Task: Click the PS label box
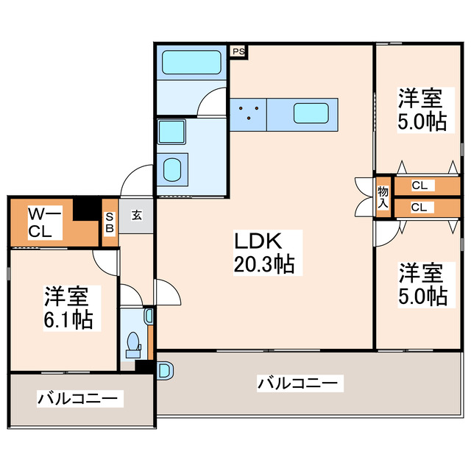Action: (239, 52)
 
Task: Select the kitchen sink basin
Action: (311, 113)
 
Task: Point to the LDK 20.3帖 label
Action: (264, 252)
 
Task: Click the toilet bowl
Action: (133, 343)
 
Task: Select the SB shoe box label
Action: (110, 222)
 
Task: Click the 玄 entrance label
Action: (137, 216)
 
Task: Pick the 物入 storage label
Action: (383, 197)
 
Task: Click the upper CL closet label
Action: (418, 185)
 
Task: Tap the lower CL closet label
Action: (418, 208)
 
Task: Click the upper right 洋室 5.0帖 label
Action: (422, 109)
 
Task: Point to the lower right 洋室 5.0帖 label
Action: (422, 285)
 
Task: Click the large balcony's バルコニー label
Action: (298, 383)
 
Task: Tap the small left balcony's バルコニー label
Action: (77, 399)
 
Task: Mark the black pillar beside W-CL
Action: (89, 209)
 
